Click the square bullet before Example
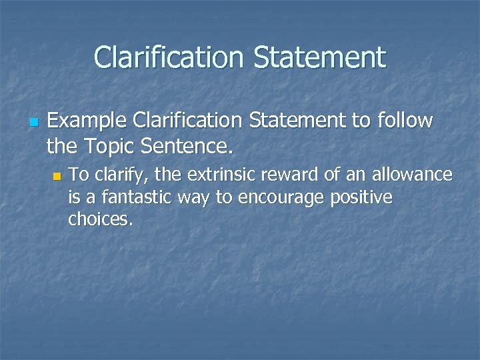coord(34,123)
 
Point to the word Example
coord(87,122)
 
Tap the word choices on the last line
coord(101,220)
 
